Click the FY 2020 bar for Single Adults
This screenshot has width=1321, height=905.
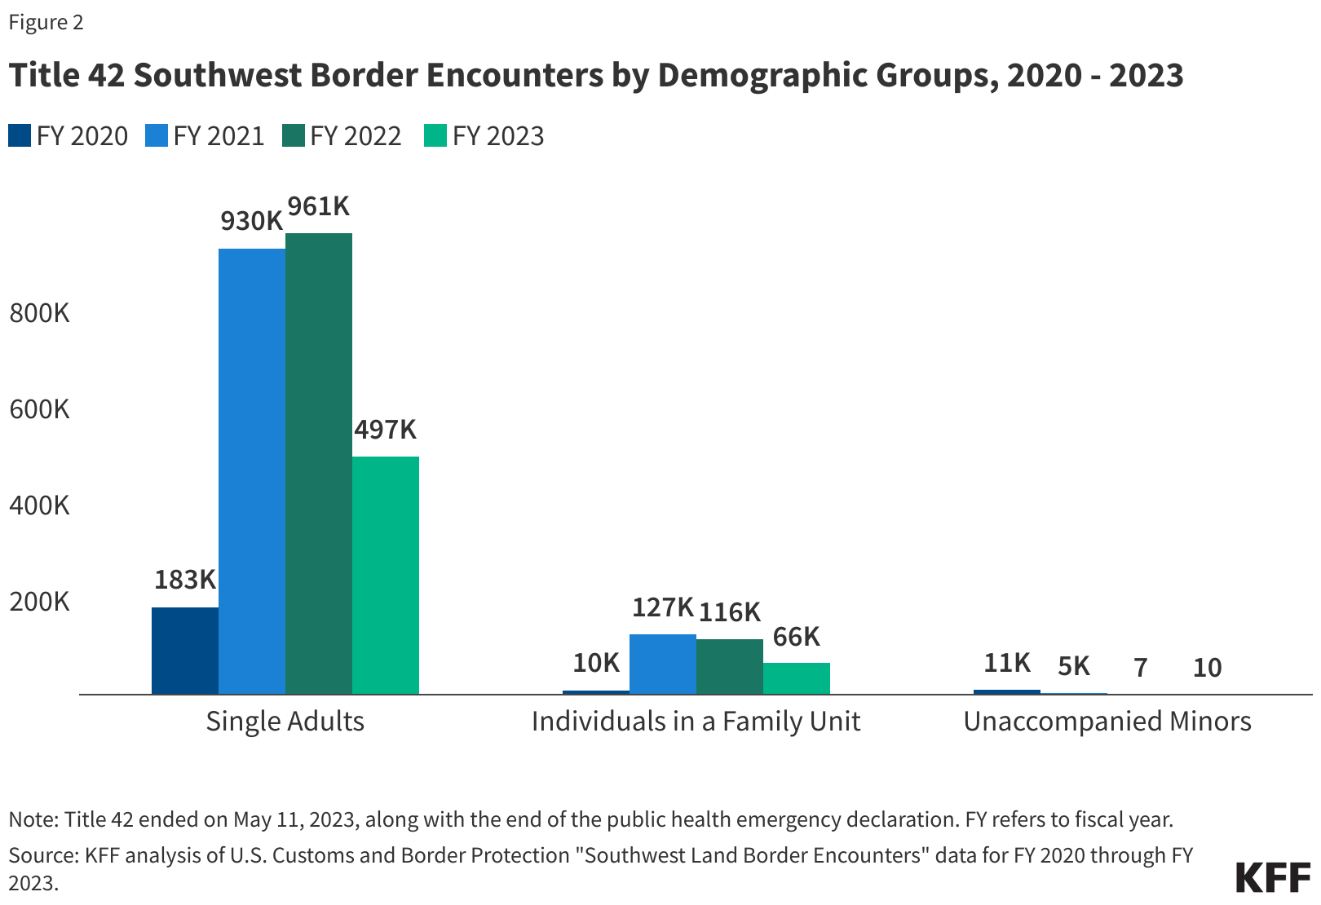(x=185, y=651)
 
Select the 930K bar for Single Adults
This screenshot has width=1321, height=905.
(x=252, y=471)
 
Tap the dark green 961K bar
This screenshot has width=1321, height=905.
(x=319, y=463)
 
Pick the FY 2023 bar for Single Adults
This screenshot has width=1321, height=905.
(x=386, y=575)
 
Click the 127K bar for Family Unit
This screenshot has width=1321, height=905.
(x=663, y=664)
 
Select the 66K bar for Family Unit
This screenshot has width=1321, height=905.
(x=797, y=678)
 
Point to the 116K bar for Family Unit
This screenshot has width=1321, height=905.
(x=730, y=666)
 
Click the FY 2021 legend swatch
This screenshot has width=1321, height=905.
(x=157, y=135)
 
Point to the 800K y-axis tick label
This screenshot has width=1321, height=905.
(x=40, y=312)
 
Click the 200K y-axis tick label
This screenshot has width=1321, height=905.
(x=40, y=602)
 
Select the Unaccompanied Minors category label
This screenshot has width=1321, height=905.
(x=1107, y=722)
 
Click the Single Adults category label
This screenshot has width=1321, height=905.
(x=285, y=722)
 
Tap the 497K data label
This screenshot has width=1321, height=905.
(x=385, y=429)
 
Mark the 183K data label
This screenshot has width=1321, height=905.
(x=185, y=580)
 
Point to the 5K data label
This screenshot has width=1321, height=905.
(x=1074, y=666)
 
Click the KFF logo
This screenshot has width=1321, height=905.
(x=1272, y=877)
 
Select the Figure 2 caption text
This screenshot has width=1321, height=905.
(x=46, y=22)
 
